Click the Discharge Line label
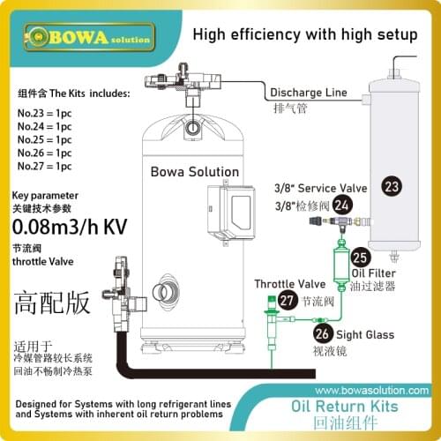tap(309, 93)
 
